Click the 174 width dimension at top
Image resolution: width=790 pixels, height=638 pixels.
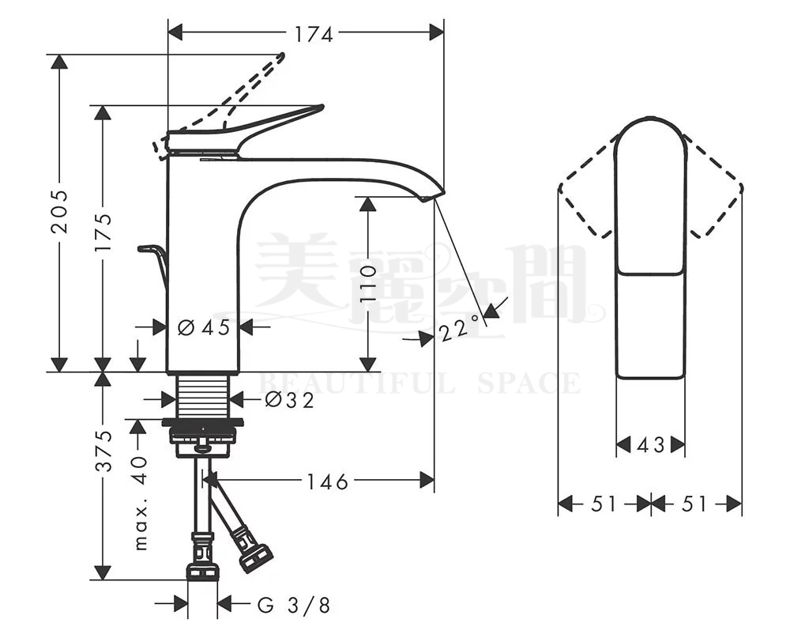coord(314,33)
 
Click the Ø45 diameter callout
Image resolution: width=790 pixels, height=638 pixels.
coord(203,327)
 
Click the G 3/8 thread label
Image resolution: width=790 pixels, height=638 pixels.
coord(294,606)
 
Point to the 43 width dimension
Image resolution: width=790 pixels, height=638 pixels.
coord(650,446)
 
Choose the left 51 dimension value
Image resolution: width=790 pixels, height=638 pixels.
coord(604,504)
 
